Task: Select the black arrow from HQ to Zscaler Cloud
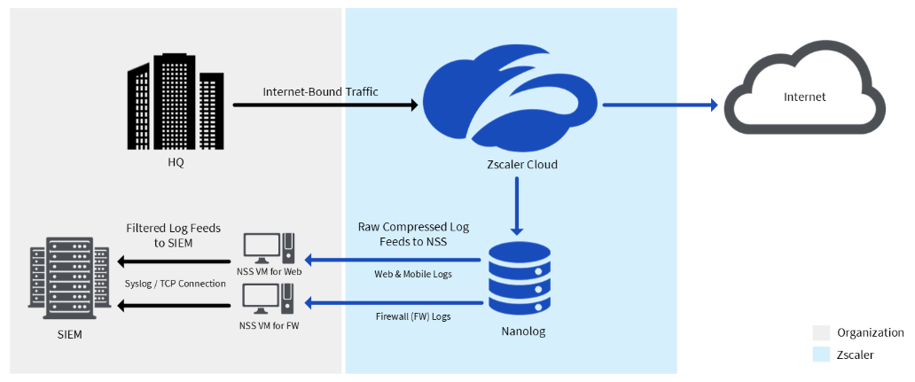tap(325, 105)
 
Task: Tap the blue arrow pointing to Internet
tap(660, 105)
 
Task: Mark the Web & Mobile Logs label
tap(412, 274)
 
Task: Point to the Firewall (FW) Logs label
tap(412, 316)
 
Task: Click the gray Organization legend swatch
tap(821, 332)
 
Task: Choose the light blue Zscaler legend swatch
tap(821, 355)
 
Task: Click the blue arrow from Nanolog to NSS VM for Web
tap(395, 261)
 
